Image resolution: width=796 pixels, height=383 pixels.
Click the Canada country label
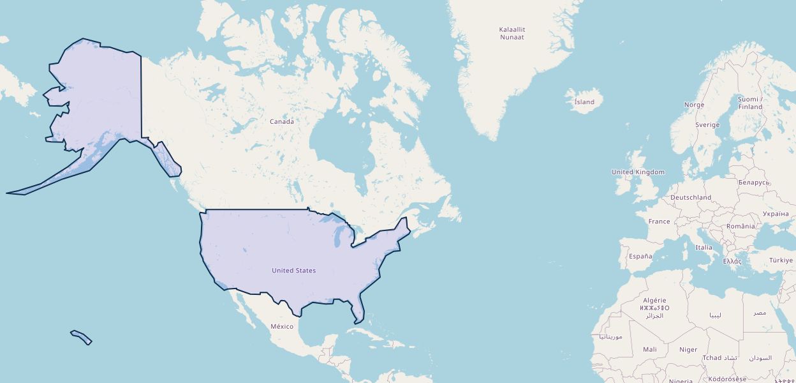click(282, 121)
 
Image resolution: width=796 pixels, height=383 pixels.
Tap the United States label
click(293, 271)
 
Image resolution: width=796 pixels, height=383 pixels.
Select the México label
click(282, 326)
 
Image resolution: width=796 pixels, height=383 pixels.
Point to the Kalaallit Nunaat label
click(512, 33)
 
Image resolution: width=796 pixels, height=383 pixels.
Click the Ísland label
click(584, 102)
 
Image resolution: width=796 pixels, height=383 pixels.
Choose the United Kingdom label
click(638, 172)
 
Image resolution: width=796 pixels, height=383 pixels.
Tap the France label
click(659, 222)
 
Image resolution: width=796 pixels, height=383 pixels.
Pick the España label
click(640, 256)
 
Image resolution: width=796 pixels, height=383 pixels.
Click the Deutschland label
click(691, 197)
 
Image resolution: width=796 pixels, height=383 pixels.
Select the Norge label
click(694, 105)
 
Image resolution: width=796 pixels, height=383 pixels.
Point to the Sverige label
click(707, 125)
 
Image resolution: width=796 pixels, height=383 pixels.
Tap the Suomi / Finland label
click(749, 103)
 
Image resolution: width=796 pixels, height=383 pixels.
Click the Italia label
click(704, 247)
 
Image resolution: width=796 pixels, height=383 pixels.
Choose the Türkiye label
click(781, 260)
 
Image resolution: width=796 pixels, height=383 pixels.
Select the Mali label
click(650, 349)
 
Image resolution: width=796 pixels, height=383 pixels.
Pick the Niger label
click(688, 349)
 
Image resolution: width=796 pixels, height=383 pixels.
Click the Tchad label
click(712, 357)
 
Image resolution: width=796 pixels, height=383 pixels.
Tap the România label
click(741, 226)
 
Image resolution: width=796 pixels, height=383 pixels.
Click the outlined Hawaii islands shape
click(82, 337)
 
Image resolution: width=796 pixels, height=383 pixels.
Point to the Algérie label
click(654, 300)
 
